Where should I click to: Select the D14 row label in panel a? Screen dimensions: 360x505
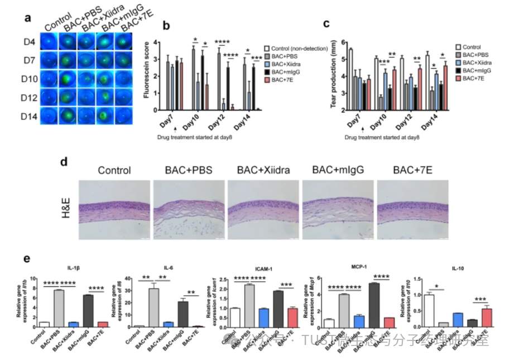(31, 117)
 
